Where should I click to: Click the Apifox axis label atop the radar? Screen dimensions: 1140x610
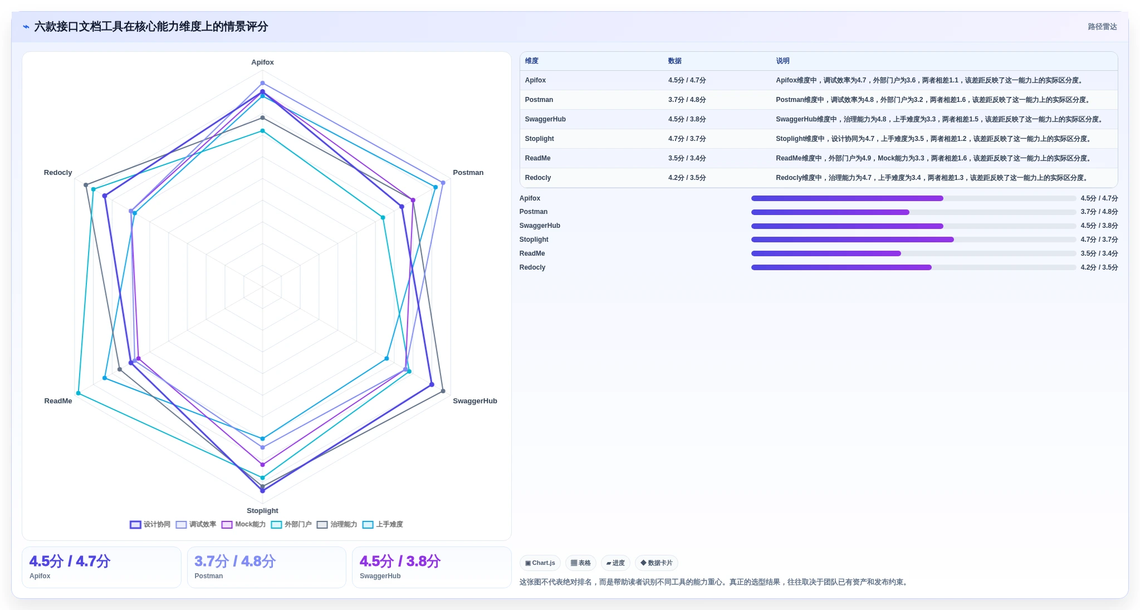(262, 62)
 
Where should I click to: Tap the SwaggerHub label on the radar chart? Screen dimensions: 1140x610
(474, 401)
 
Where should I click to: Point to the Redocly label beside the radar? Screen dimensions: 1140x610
(58, 173)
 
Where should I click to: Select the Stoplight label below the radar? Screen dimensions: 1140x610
(262, 511)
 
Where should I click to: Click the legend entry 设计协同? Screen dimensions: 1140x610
(150, 525)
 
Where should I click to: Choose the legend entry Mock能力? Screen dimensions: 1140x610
(244, 525)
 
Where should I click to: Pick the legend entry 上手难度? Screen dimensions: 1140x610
(383, 525)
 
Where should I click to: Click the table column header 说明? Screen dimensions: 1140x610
(782, 61)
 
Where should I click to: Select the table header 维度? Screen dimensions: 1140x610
(531, 61)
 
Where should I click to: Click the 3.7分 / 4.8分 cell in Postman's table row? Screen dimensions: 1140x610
(687, 100)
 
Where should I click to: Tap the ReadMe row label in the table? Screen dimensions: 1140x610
(537, 159)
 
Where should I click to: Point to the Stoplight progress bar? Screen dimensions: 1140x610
(913, 240)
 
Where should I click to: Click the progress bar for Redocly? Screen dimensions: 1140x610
(913, 267)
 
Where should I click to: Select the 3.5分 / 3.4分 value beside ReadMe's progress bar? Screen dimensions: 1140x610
(1099, 253)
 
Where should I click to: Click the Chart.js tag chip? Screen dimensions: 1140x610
(540, 563)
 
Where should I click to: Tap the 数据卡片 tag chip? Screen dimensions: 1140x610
(657, 563)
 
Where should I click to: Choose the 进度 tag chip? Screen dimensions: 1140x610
(615, 563)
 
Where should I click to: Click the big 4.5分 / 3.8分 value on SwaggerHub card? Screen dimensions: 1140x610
(400, 562)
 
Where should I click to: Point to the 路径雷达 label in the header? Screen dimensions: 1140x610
(1102, 27)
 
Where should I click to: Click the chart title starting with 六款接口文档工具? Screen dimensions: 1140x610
(151, 27)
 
